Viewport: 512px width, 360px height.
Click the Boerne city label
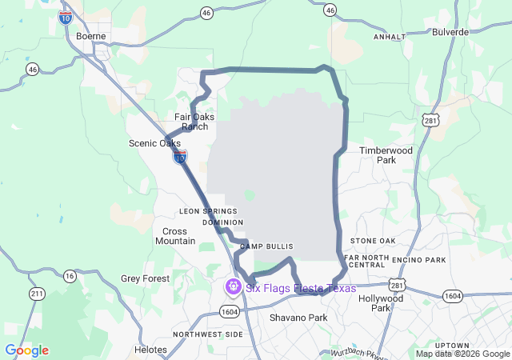coord(90,36)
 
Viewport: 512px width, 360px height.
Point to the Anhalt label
coord(390,37)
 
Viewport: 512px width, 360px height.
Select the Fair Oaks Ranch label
coord(194,122)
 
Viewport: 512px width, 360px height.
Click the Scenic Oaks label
coord(154,143)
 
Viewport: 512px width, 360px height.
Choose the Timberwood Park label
coord(387,155)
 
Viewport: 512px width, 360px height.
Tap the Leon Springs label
coord(208,211)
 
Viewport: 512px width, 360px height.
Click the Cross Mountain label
coord(175,236)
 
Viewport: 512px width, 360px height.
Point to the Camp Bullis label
coord(266,246)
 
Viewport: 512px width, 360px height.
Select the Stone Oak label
coord(373,241)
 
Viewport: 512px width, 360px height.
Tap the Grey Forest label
coord(145,278)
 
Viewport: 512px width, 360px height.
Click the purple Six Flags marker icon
coord(234,286)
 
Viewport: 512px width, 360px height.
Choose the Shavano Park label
coord(298,318)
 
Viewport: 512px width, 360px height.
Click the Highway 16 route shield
coord(70,275)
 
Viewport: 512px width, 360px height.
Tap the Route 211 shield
coord(37,294)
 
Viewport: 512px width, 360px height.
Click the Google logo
coord(26,350)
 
